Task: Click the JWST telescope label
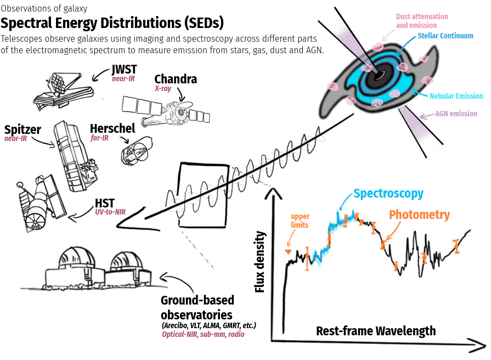coord(124,69)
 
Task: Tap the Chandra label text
coord(176,80)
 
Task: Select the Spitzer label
coord(24,130)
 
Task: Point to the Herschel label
coord(112,128)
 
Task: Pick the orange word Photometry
coord(420,215)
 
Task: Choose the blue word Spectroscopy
coord(388,193)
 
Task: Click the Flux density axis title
coord(259,262)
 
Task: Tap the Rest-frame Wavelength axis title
coord(376,331)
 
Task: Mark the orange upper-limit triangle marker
coord(287,251)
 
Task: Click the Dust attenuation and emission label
coord(422,21)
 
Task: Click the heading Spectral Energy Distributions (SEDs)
coord(112,23)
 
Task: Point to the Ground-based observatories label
coord(197,308)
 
